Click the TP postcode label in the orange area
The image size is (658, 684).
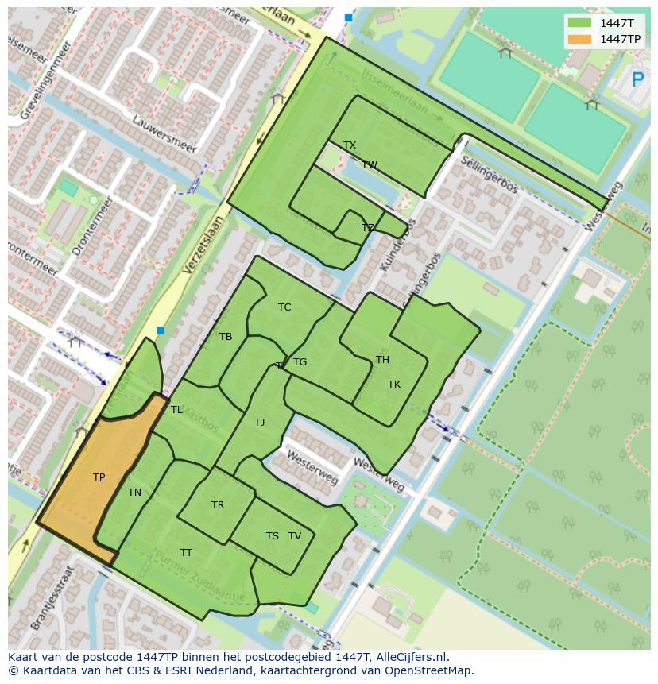(99, 477)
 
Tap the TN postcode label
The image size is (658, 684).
(134, 493)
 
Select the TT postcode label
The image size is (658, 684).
(186, 553)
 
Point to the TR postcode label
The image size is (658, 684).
(218, 505)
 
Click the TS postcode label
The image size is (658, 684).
(273, 536)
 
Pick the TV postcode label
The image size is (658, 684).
(295, 536)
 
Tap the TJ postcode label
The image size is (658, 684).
(259, 423)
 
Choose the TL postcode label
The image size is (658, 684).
(176, 410)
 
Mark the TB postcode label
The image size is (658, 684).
(226, 337)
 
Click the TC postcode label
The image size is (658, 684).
(284, 307)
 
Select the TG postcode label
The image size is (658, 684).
(300, 362)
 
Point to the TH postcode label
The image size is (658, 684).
(382, 360)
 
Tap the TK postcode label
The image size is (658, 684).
(394, 385)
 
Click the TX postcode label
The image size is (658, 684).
(350, 145)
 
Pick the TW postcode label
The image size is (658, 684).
(370, 165)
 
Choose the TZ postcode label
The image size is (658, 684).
(367, 228)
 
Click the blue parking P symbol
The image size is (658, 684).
(637, 79)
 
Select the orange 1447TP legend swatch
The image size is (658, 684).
(580, 39)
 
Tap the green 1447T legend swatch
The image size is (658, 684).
(580, 23)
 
